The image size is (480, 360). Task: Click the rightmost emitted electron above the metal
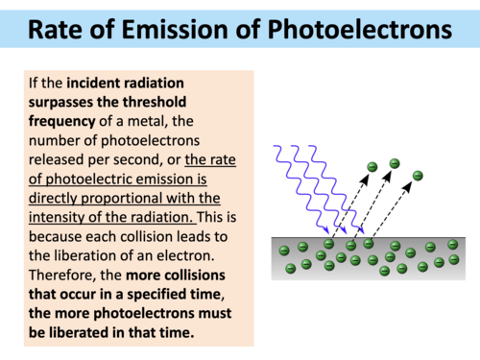(x=417, y=175)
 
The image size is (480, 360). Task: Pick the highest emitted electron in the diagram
(x=394, y=163)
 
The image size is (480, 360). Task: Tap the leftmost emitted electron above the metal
(x=372, y=169)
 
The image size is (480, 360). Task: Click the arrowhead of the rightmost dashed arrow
(x=408, y=185)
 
